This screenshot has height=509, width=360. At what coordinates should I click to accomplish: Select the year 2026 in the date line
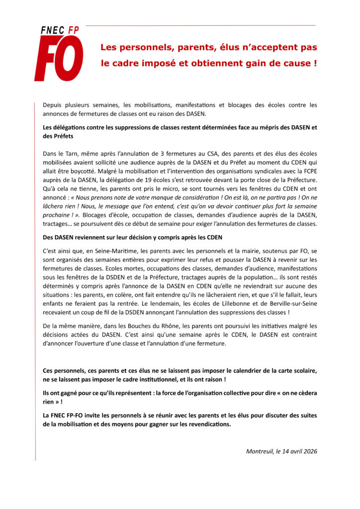[x=308, y=451]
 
